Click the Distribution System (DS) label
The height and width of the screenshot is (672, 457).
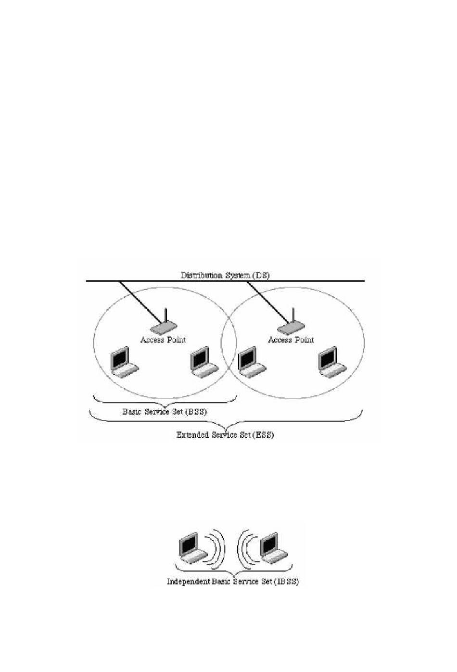pyautogui.click(x=225, y=276)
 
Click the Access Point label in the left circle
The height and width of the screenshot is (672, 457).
pyautogui.click(x=163, y=340)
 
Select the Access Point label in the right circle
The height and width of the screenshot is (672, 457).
pyautogui.click(x=291, y=340)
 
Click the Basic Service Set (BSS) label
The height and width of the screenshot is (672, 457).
pyautogui.click(x=165, y=412)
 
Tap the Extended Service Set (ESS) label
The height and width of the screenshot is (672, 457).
pyautogui.click(x=225, y=435)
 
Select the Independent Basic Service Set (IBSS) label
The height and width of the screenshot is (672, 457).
pyautogui.click(x=233, y=582)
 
